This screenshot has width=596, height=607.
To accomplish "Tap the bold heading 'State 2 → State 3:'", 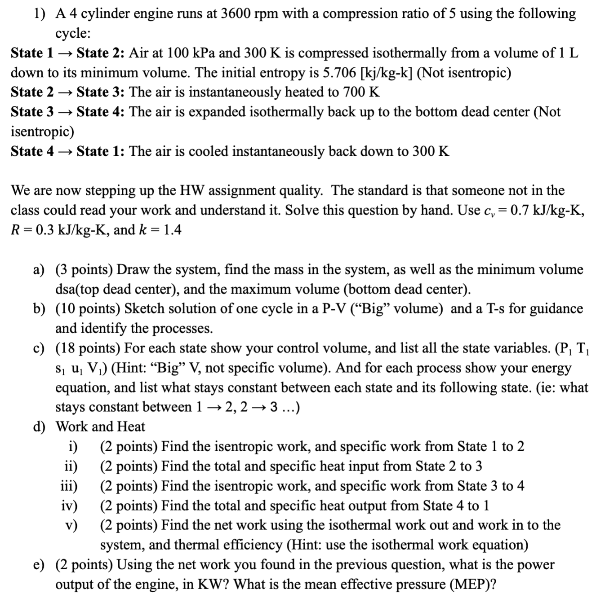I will click(68, 92).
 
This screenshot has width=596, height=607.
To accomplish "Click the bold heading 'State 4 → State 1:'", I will click(68, 151).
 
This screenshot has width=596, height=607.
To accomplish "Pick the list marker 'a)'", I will click(39, 270).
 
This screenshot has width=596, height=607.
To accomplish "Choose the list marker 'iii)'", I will click(69, 486).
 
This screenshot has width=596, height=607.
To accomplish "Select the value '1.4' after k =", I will click(173, 230).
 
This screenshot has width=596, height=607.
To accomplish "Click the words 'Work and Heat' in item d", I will click(100, 427).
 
